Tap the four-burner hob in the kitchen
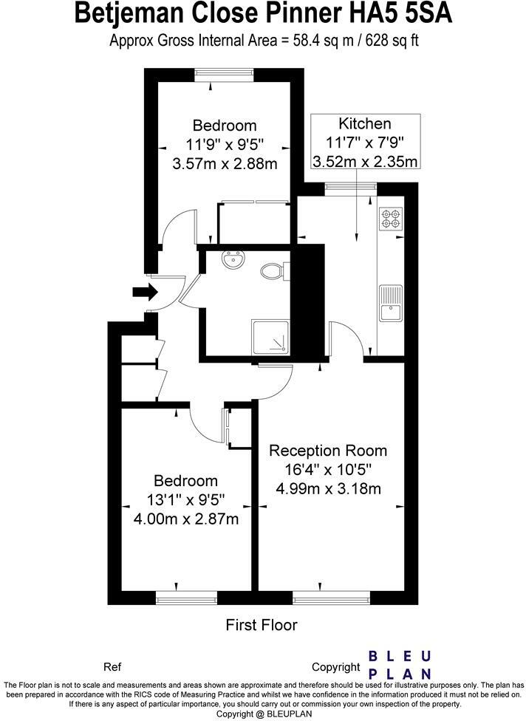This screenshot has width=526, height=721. point(391,218)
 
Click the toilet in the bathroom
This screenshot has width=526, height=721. point(273,271)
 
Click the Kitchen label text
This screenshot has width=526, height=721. point(364,123)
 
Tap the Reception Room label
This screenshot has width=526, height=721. point(327,451)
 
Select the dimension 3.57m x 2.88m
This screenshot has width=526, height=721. point(225,163)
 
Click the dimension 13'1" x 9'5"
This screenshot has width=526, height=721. point(186,500)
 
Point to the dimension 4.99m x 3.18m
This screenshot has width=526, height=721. point(328,488)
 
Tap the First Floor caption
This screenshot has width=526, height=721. point(261,625)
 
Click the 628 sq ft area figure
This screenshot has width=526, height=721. point(389,40)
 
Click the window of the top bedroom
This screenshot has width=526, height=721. point(225,73)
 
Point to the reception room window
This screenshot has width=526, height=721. point(330,595)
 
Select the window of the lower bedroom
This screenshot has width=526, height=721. point(186,595)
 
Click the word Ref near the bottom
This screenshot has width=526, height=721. point(112,666)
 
